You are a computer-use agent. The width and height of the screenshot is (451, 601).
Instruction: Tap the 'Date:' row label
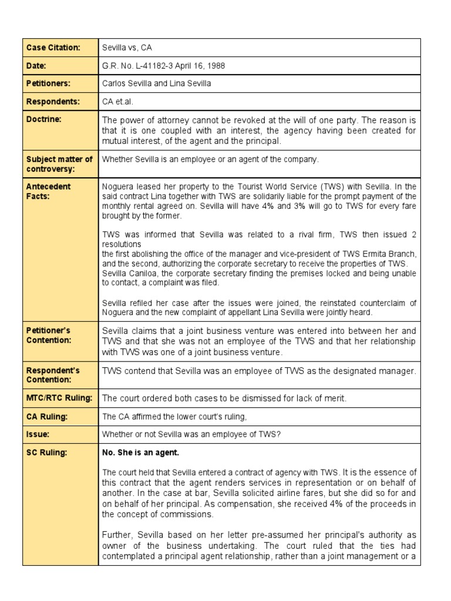[x=36, y=66]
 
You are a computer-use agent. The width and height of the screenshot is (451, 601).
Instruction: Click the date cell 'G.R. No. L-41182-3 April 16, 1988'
[x=164, y=66]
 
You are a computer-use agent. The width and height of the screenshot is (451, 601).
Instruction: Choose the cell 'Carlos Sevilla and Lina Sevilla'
[x=157, y=83]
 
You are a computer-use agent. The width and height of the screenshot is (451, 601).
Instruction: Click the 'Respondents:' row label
[x=52, y=102]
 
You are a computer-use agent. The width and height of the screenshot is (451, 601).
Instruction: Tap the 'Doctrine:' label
[x=43, y=119]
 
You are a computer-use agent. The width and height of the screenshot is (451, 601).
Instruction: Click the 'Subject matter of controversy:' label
[x=59, y=163]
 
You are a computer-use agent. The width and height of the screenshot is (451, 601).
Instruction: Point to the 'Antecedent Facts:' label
[x=49, y=191]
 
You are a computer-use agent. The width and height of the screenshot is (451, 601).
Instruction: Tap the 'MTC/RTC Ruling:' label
[x=59, y=398]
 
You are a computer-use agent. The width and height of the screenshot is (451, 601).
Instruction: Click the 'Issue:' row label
[x=38, y=434]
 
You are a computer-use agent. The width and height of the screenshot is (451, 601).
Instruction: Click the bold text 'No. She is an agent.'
[x=141, y=453]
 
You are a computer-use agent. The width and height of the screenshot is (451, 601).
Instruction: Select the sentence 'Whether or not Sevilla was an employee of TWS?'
[x=194, y=434]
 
